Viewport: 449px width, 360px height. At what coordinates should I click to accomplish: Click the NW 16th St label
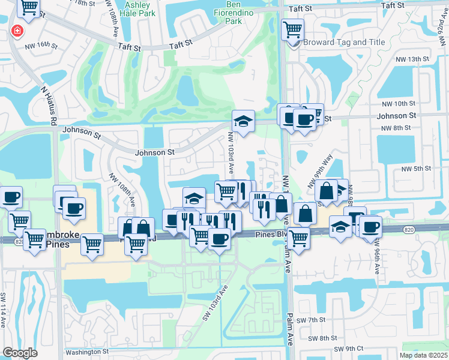[x=41, y=45]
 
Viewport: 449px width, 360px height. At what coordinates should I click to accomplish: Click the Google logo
[x=20, y=352]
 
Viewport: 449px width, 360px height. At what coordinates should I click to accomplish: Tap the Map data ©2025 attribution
[x=423, y=355]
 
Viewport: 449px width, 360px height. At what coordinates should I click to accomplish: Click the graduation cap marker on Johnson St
[x=243, y=121]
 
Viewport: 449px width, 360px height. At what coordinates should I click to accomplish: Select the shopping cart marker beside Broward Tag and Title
[x=292, y=29]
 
